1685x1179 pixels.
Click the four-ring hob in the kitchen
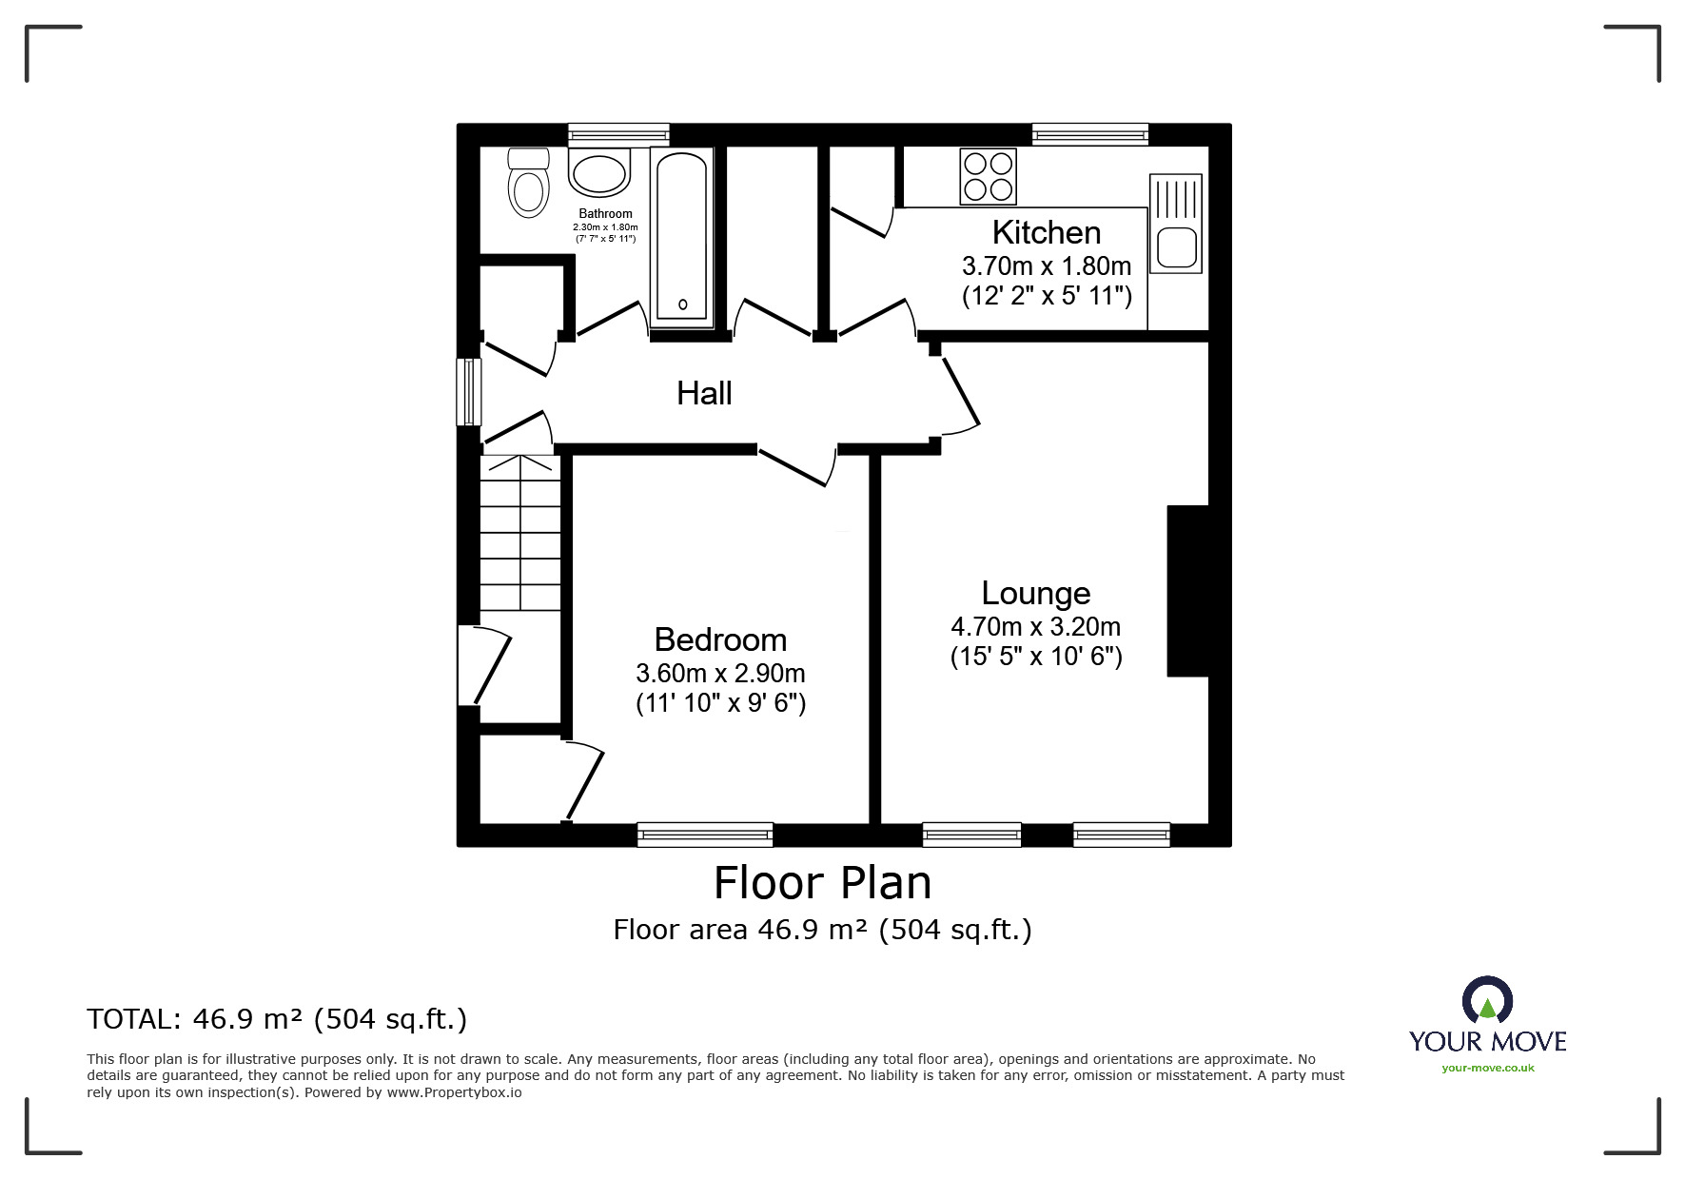(988, 177)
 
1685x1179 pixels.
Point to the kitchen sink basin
(1176, 246)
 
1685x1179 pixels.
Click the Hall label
(704, 393)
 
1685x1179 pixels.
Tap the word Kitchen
(1046, 232)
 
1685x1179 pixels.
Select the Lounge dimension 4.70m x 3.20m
(1035, 627)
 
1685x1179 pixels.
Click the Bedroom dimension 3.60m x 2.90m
(720, 674)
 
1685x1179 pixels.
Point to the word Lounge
(1035, 593)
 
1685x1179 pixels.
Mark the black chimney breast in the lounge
(1187, 591)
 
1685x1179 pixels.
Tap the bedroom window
(705, 835)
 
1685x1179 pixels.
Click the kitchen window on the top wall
(1090, 135)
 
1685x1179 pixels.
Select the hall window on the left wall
(468, 391)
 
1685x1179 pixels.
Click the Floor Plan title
(822, 883)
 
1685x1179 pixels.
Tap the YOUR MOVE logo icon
(1487, 1002)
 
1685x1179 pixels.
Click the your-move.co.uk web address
(1487, 1068)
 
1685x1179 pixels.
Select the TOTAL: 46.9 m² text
(277, 1019)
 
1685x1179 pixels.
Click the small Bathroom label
(605, 214)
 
